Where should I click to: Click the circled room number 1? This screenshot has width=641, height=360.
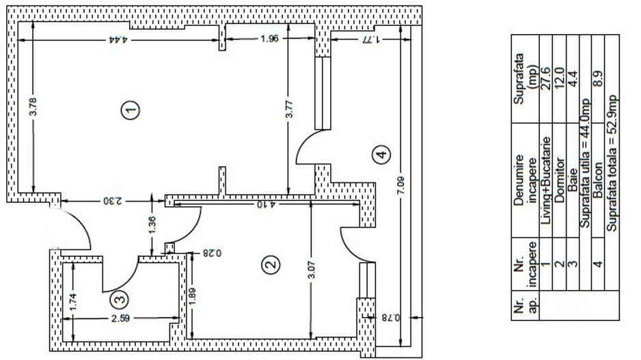pos(131,110)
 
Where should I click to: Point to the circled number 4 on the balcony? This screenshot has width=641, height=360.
pos(381,154)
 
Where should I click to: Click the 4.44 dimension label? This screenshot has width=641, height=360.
pos(119,40)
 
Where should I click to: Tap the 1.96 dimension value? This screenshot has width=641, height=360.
pos(270,39)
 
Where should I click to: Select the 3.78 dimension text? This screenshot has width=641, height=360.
pos(33,107)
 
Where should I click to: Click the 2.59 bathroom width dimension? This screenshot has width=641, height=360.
pos(120,318)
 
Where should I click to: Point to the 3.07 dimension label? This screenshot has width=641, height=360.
pos(312,271)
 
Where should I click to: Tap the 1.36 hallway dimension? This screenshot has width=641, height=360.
pos(152,225)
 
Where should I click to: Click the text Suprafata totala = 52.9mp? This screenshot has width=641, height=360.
pos(612,163)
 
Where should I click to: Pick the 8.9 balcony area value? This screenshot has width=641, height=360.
pos(598,78)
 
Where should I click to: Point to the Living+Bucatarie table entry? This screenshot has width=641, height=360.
pos(546,180)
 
